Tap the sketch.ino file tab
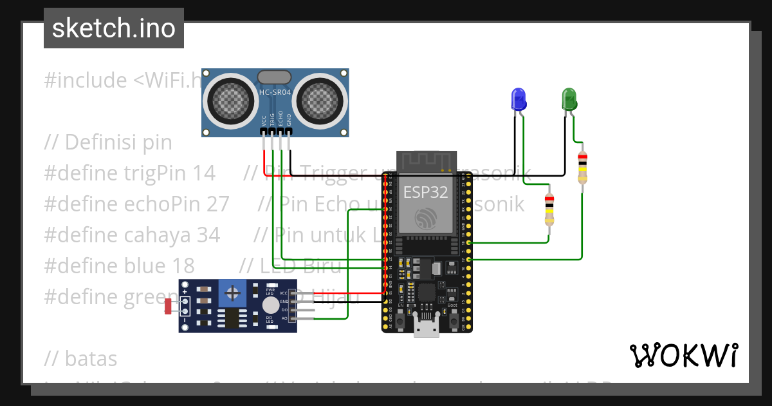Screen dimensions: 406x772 click(x=114, y=28)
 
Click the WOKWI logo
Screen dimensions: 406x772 click(x=683, y=355)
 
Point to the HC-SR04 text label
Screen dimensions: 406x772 click(x=275, y=93)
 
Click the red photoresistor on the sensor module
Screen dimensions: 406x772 click(x=168, y=307)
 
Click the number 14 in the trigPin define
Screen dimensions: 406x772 click(x=204, y=173)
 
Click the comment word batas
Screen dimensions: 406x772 click(x=91, y=358)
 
